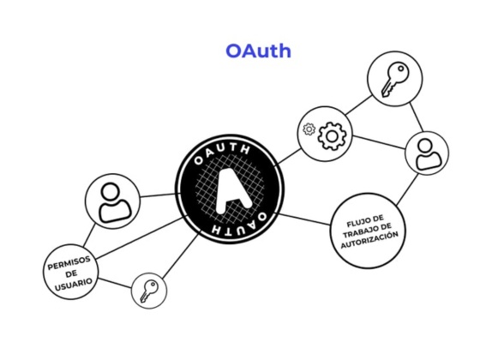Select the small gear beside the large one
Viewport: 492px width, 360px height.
309,131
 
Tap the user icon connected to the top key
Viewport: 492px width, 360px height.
426,154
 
